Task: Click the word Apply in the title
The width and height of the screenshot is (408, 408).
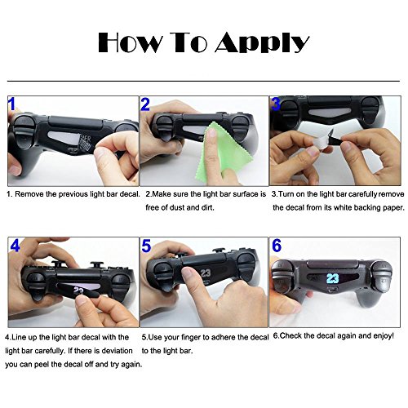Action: click(262, 43)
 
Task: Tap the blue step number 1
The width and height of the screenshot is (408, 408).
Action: click(11, 104)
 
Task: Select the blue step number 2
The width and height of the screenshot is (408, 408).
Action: click(145, 104)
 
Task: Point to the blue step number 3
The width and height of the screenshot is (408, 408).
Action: click(276, 104)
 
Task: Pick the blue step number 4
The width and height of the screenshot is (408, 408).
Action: click(15, 246)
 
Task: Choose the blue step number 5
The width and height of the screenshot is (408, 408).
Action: click(146, 246)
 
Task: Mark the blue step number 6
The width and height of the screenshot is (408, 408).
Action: click(277, 246)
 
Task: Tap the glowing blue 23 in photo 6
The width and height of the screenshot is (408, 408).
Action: click(332, 278)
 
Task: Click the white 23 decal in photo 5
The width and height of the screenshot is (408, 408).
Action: click(206, 273)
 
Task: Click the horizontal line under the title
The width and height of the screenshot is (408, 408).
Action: click(203, 81)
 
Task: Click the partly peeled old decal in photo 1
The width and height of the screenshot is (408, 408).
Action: click(87, 142)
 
